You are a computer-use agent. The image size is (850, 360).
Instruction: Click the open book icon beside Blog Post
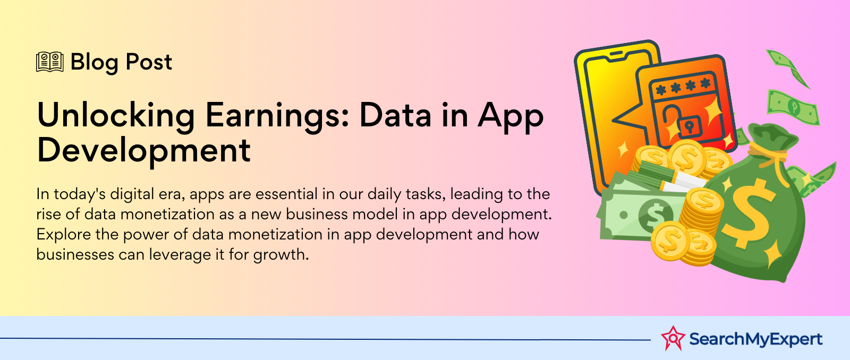pyautogui.click(x=50, y=62)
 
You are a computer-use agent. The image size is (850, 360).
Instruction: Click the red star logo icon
pyautogui.click(x=673, y=338)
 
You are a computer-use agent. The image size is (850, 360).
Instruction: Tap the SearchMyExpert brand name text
pyautogui.click(x=755, y=339)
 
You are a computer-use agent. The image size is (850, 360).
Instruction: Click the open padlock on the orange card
pyautogui.click(x=682, y=120)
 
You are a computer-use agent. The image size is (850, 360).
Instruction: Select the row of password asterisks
pyautogui.click(x=683, y=87)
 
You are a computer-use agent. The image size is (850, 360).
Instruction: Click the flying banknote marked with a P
pyautogui.click(x=793, y=107)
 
